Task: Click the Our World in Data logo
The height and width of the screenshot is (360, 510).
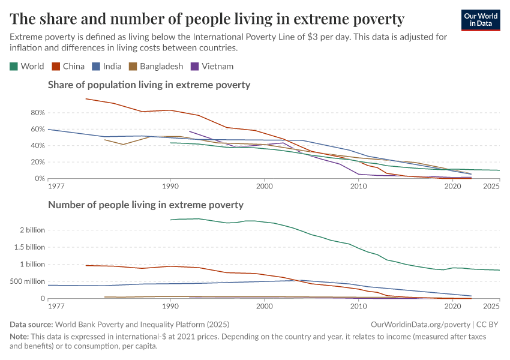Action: click(481, 19)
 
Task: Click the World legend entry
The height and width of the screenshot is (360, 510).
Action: click(27, 66)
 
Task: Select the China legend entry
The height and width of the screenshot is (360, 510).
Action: click(69, 66)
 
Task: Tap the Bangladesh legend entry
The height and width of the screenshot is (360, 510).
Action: click(156, 66)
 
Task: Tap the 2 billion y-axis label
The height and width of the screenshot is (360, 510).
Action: click(32, 230)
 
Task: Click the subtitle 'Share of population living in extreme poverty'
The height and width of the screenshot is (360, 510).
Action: click(149, 85)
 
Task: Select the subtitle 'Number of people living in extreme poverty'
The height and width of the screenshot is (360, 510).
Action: click(145, 205)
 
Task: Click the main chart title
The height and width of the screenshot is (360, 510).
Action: click(207, 19)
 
